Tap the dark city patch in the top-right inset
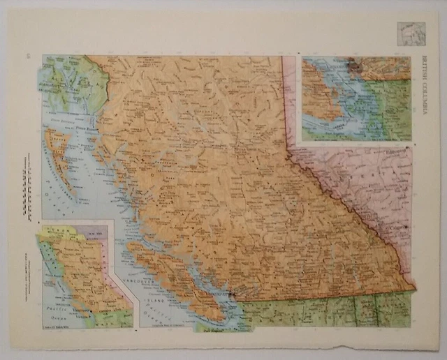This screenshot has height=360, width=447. point(357,68)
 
